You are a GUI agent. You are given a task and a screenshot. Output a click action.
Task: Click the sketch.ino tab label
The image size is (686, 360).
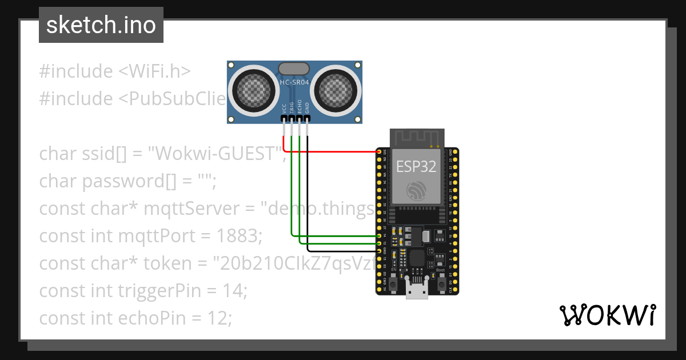[101, 26]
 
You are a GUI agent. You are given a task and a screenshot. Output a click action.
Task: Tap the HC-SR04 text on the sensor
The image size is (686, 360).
[294, 83]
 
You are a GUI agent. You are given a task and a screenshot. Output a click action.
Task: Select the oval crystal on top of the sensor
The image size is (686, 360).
[294, 69]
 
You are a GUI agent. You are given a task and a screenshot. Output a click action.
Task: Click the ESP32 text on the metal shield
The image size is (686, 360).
[417, 166]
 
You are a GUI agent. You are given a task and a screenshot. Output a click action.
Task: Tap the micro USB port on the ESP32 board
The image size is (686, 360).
[417, 290]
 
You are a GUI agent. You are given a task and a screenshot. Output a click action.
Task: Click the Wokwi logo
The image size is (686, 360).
[607, 315]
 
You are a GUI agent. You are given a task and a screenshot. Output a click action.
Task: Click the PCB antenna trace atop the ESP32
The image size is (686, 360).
[417, 138]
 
